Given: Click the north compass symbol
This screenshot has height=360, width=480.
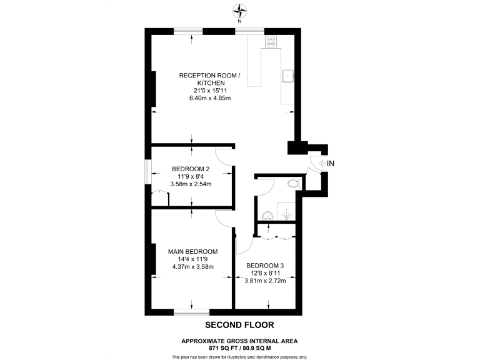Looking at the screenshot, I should [x=240, y=10].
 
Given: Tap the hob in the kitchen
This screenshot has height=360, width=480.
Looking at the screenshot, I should [x=271, y=42].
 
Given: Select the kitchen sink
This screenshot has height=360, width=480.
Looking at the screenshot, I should [x=287, y=76].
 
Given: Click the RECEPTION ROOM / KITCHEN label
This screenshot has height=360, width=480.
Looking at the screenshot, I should [x=210, y=79].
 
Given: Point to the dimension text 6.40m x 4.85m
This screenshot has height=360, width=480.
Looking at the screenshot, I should [x=210, y=98].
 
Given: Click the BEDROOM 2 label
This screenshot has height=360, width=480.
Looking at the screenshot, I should [x=191, y=169].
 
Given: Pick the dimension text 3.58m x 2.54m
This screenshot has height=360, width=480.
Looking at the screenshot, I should [x=191, y=184].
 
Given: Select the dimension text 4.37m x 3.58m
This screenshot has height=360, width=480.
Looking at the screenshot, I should [x=192, y=267].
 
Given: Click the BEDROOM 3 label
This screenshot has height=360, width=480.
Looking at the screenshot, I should [x=265, y=266].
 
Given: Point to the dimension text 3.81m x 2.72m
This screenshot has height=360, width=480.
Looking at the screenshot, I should [x=265, y=281].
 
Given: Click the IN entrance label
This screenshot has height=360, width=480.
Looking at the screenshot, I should [x=331, y=164].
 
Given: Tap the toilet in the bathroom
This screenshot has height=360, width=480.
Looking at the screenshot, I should [x=292, y=184].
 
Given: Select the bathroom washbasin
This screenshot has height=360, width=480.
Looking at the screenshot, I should [x=267, y=214].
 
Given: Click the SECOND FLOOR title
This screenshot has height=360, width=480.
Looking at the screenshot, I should [x=240, y=325].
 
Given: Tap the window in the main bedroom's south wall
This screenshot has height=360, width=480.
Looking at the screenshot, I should [x=191, y=311].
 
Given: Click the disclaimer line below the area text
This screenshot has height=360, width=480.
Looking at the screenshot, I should [x=240, y=357].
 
